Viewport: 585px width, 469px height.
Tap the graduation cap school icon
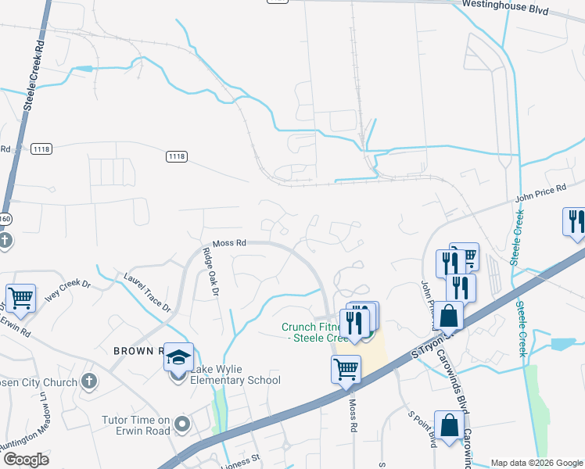point(178,357)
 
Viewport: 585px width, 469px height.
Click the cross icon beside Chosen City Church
point(90,382)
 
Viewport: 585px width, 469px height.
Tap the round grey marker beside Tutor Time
point(183,425)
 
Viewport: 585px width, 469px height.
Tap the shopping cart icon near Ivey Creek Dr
point(21,297)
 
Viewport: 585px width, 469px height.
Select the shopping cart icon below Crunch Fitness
point(346,369)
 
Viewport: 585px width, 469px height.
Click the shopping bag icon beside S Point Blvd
point(450,427)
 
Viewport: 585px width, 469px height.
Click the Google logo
point(25,459)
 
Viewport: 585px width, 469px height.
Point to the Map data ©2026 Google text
point(537,463)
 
